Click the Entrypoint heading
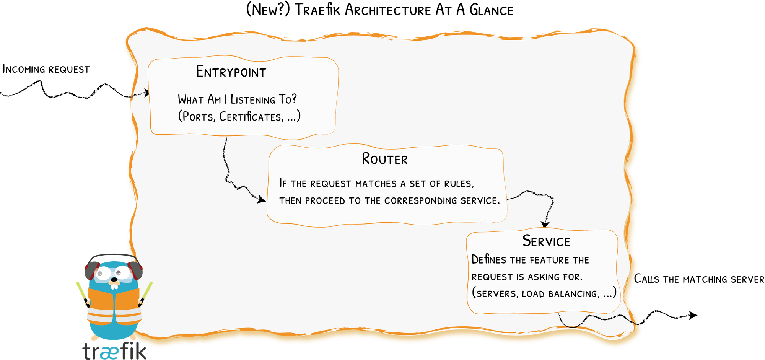[x=231, y=72]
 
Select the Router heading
[x=384, y=159]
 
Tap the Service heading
[x=546, y=241]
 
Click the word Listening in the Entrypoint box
[x=253, y=100]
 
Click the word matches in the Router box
[x=376, y=184]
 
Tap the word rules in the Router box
[x=459, y=184]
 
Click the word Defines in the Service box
[x=489, y=260]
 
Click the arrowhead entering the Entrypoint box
[x=146, y=93]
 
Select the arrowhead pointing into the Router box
[x=262, y=199]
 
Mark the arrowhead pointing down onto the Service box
[x=545, y=225]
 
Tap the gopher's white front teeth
[x=114, y=286]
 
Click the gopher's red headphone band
[x=113, y=256]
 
